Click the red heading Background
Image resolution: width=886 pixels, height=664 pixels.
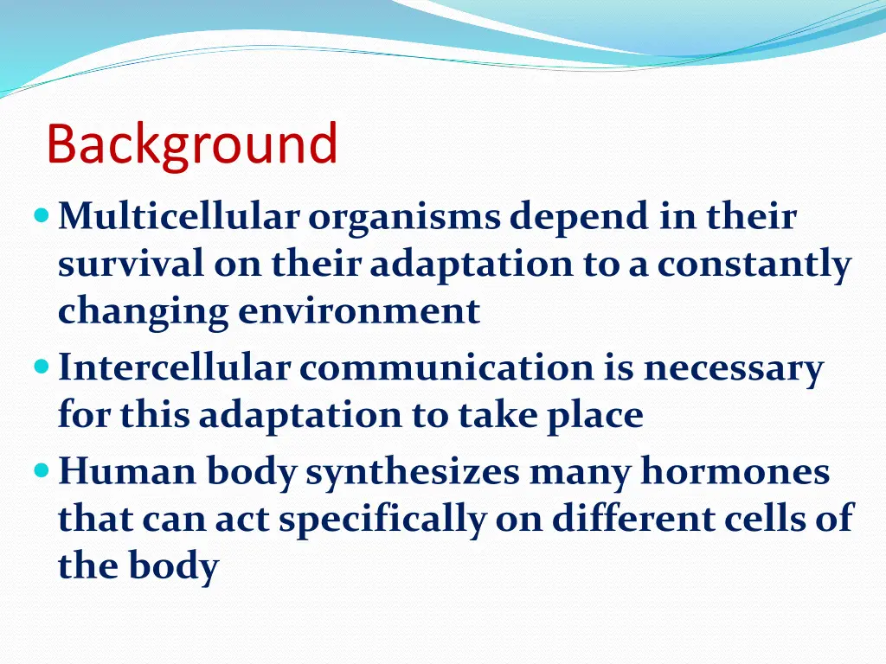point(192,144)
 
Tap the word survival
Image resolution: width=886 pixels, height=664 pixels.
point(131,264)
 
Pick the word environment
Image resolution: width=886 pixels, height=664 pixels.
point(359,312)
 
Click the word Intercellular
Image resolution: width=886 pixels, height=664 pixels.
point(174,367)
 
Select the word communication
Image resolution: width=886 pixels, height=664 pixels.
point(446,367)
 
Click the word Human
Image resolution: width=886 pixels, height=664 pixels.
point(127,471)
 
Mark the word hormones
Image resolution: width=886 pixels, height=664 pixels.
point(735,470)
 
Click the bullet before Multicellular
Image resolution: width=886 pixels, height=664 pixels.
point(42,215)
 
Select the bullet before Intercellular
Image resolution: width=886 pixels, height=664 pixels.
point(42,367)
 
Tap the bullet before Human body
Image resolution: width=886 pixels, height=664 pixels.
point(42,469)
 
